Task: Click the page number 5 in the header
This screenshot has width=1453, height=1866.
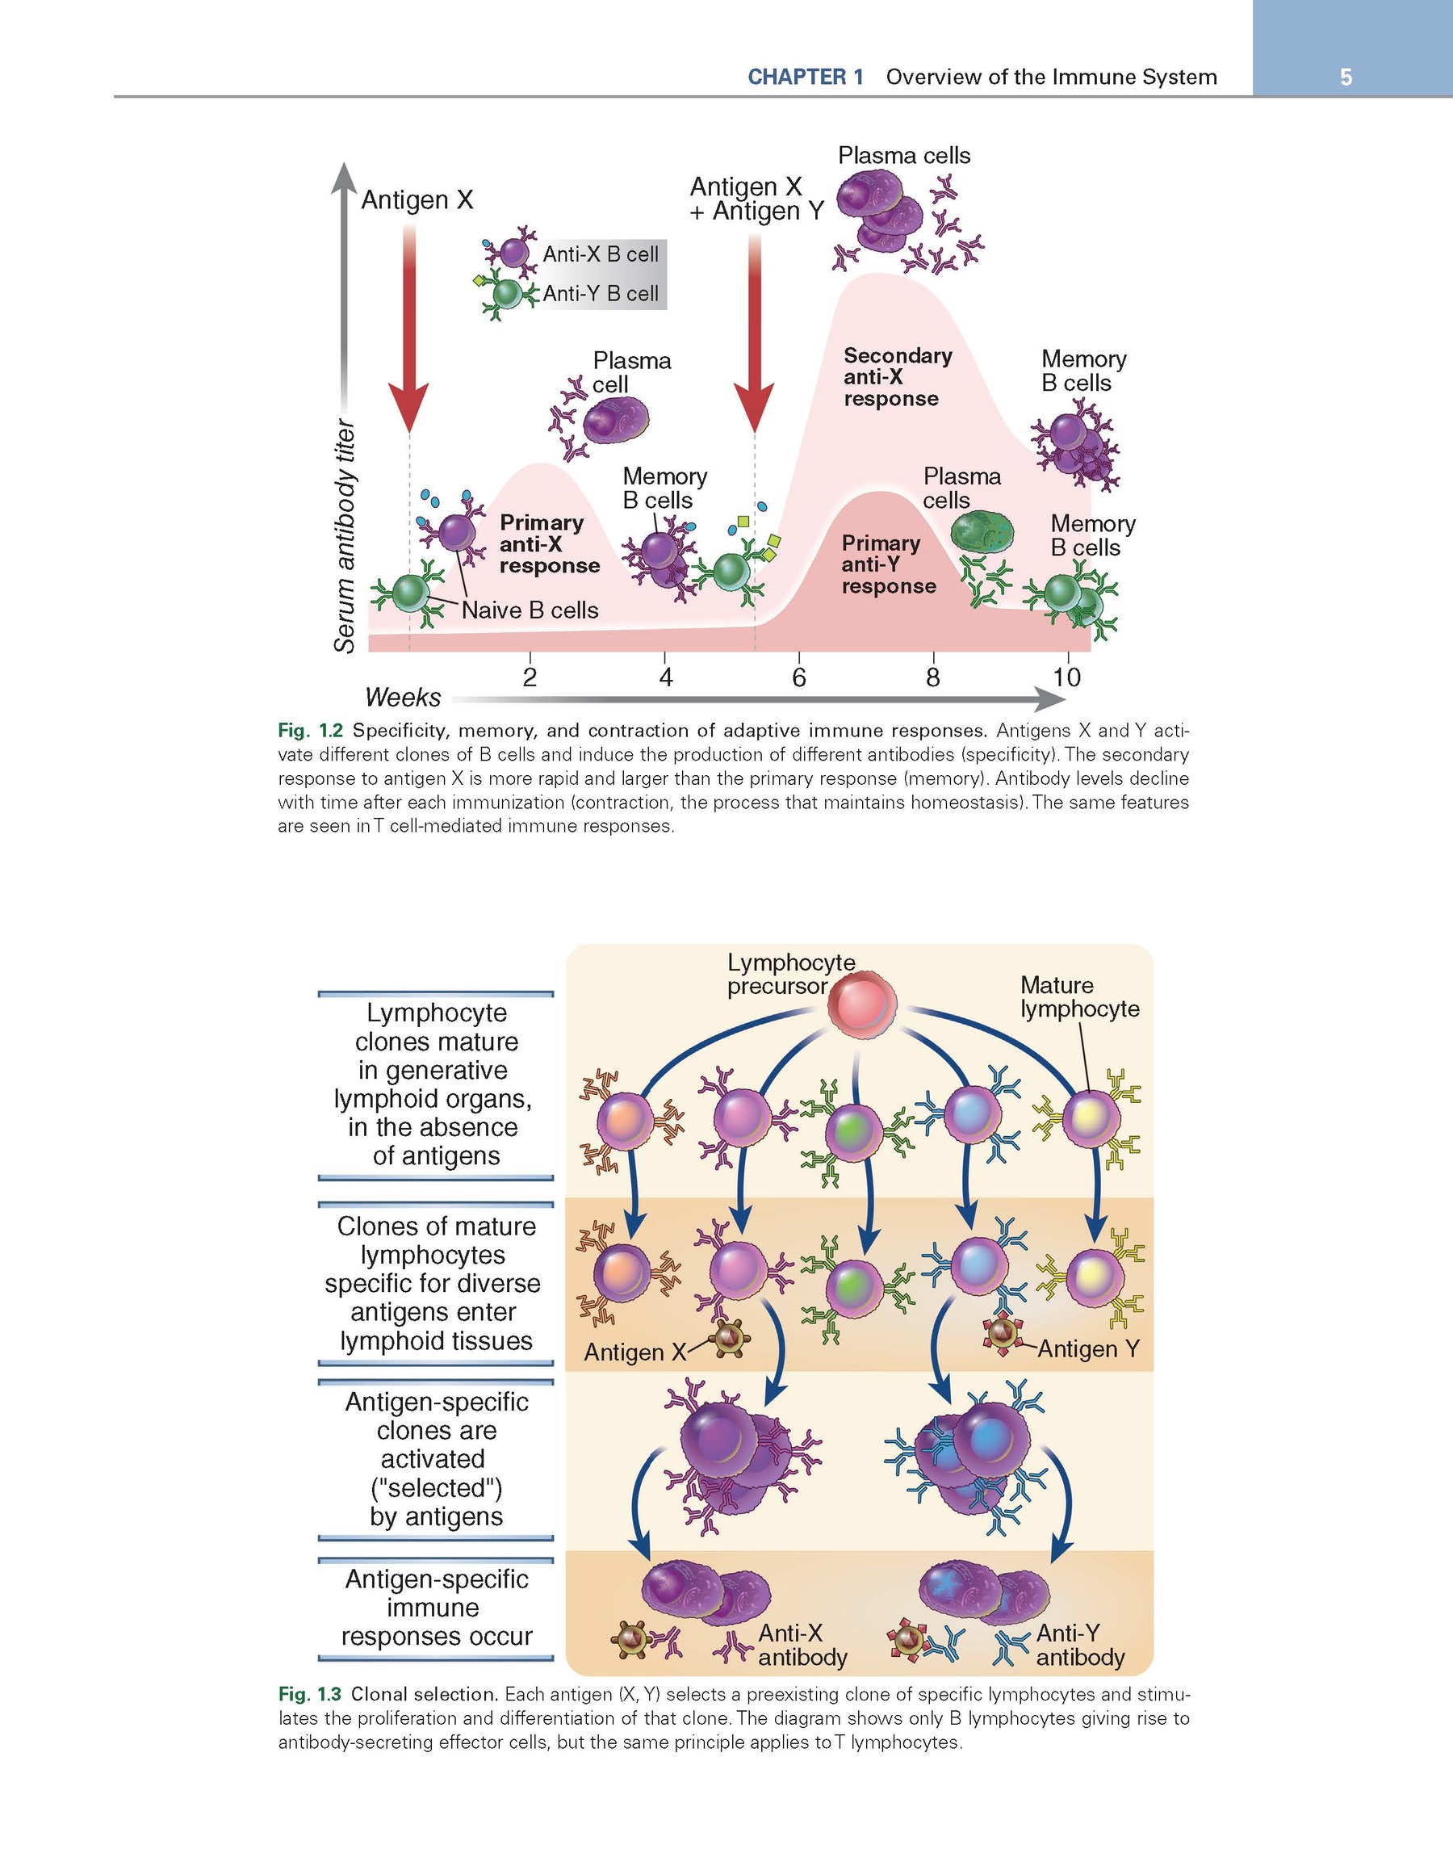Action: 1346,78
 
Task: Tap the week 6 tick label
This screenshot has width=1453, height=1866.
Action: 798,677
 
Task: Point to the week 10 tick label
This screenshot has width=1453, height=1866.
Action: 1067,677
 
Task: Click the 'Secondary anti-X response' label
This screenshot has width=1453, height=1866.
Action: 897,377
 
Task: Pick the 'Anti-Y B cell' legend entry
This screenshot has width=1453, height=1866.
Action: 601,294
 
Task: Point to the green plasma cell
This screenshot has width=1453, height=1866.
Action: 982,531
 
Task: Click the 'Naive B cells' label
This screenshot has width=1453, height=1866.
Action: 530,610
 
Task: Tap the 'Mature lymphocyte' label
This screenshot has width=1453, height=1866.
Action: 1079,997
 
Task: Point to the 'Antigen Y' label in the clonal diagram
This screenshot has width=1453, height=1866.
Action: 1088,1349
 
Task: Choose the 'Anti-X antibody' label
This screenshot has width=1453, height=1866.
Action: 802,1645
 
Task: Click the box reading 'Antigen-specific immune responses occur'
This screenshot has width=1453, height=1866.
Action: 436,1607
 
